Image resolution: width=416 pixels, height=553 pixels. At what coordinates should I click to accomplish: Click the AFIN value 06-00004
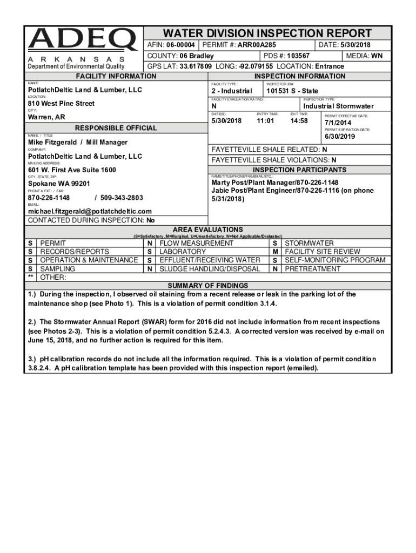(x=180, y=45)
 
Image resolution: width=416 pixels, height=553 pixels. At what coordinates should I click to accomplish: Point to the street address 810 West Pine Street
(x=61, y=104)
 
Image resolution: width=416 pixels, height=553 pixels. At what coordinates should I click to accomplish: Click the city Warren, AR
(x=46, y=117)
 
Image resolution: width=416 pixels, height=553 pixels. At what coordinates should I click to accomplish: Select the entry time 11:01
(x=265, y=121)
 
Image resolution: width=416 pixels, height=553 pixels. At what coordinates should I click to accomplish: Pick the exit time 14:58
(x=299, y=121)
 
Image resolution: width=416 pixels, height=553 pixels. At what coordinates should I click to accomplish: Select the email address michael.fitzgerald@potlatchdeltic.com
(x=90, y=211)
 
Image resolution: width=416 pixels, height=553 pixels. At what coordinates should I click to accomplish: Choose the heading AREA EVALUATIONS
(x=207, y=230)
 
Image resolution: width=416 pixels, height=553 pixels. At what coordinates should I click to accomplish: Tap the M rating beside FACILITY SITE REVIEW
(x=275, y=252)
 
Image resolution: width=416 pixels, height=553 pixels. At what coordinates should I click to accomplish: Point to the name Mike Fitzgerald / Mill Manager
(x=78, y=143)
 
